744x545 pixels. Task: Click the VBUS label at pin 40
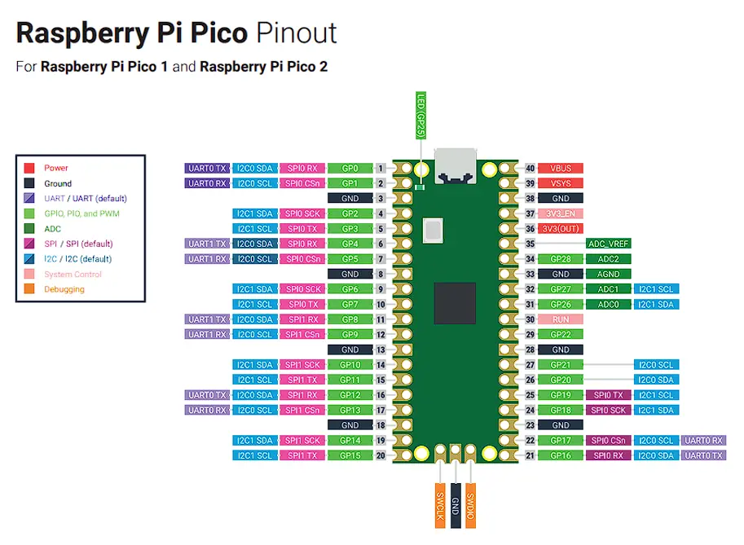click(561, 168)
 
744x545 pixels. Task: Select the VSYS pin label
click(561, 183)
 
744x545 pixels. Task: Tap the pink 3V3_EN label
click(561, 213)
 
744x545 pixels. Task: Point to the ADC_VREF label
click(608, 244)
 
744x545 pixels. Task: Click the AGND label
click(608, 274)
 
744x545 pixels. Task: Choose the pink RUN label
click(561, 319)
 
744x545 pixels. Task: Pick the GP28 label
click(561, 259)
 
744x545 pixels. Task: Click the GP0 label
click(350, 168)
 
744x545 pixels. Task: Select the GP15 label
click(350, 455)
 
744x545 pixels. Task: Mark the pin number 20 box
click(381, 455)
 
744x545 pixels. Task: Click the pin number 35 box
click(530, 244)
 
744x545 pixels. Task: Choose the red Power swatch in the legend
click(30, 168)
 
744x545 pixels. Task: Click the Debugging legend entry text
click(64, 289)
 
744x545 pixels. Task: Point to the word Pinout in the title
click(296, 33)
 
